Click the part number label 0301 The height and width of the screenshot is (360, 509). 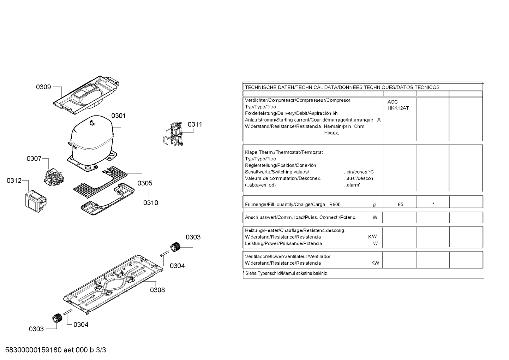(119, 116)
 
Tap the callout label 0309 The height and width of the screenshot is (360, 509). (43, 87)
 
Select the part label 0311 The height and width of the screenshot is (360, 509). (195, 124)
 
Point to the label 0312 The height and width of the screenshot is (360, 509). (14, 181)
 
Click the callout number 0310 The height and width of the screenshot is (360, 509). (151, 203)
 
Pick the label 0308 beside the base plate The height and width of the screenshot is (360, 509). (157, 290)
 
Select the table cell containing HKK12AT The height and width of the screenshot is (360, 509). (398, 108)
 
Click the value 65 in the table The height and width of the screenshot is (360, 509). (400, 205)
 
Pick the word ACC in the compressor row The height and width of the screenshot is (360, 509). (393, 102)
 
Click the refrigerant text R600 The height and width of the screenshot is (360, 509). (335, 205)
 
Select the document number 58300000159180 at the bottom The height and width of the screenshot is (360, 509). (34, 350)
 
